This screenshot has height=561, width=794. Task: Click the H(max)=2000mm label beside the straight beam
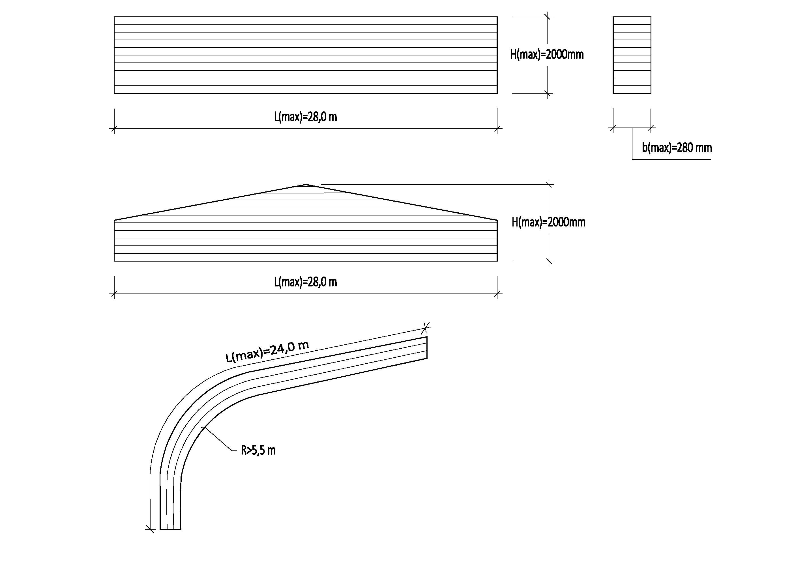[546, 55]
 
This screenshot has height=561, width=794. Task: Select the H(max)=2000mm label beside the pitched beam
[548, 222]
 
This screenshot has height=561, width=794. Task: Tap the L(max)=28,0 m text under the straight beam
[305, 117]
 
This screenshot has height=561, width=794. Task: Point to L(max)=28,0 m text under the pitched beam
[305, 282]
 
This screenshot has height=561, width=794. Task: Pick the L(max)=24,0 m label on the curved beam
[267, 351]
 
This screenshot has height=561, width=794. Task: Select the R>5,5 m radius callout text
[258, 450]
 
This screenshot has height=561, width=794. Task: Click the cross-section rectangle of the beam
[632, 55]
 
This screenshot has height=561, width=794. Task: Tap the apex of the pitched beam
[306, 185]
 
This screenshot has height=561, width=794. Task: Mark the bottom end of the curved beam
[170, 528]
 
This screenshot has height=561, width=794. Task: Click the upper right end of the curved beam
[427, 348]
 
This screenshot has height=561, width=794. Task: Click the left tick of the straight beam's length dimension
[114, 129]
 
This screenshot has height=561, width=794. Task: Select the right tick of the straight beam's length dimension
[497, 129]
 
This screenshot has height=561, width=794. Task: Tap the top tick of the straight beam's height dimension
[547, 17]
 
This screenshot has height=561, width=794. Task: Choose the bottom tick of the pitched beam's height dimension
[549, 261]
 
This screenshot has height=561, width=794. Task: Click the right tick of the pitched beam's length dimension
[497, 294]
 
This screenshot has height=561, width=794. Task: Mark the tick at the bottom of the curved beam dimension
[150, 528]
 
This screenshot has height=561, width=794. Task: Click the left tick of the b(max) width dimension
[613, 128]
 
